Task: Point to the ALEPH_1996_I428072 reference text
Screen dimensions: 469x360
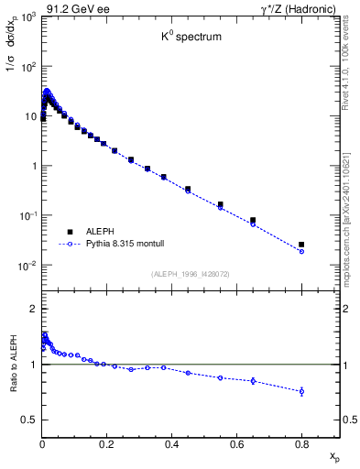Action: pyautogui.click(x=191, y=274)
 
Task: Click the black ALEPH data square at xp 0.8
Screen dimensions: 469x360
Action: pyautogui.click(x=301, y=245)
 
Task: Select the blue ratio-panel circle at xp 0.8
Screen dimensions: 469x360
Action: pyautogui.click(x=301, y=391)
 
